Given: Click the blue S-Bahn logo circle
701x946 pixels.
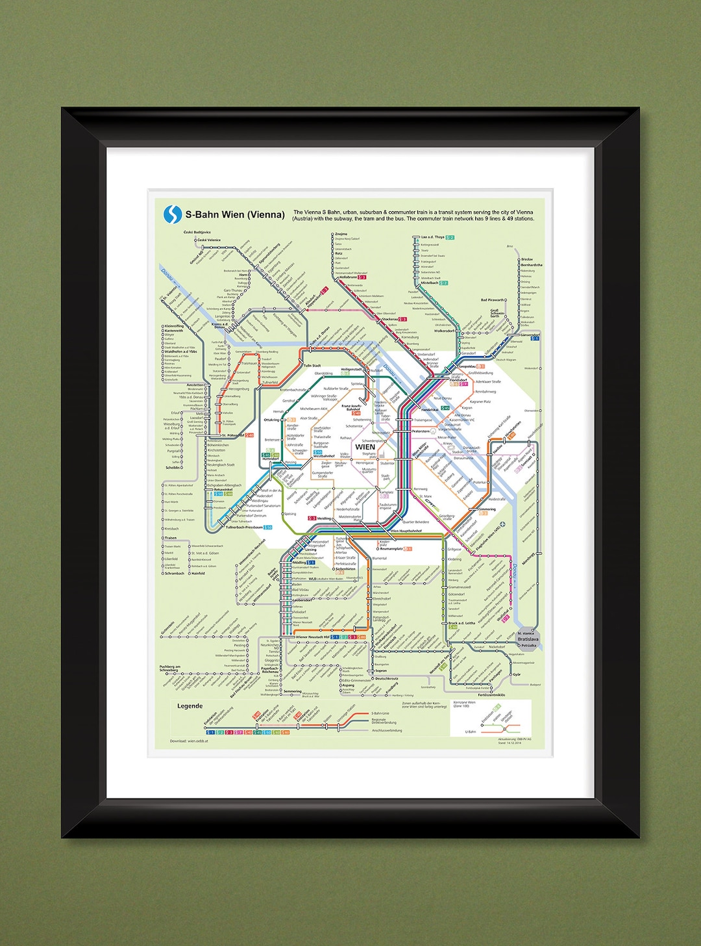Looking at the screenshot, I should tap(173, 214).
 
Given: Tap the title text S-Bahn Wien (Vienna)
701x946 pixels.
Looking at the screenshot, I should tap(235, 214).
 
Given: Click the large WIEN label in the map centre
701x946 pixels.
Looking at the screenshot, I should tap(365, 447).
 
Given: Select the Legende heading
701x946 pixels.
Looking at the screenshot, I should tap(190, 706).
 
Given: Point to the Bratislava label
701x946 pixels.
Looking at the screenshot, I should tap(528, 639).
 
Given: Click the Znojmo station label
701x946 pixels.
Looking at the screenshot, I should tap(341, 234).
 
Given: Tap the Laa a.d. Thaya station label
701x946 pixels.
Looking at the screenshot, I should tap(433, 237).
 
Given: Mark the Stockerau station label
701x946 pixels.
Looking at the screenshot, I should tap(390, 319).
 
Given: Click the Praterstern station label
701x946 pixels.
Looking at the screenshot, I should tap(421, 431).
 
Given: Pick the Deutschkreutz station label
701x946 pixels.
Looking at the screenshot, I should tap(387, 678).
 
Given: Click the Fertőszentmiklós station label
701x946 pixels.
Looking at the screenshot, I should tap(491, 695).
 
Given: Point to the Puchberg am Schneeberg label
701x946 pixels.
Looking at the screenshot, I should tap(170, 668).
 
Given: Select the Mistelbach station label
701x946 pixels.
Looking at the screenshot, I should tap(430, 283).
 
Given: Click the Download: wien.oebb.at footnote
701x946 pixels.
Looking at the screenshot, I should tap(189, 741).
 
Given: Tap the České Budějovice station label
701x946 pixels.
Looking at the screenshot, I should tap(197, 232).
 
